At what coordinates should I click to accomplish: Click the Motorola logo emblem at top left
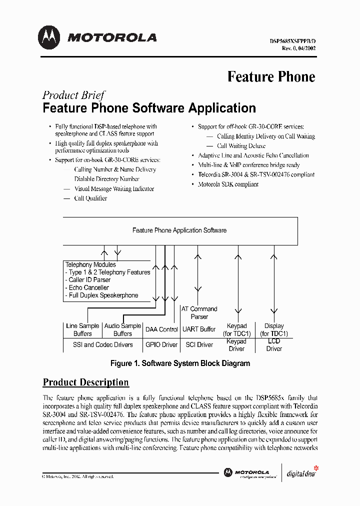click(49, 37)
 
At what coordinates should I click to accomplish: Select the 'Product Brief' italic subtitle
click(73, 95)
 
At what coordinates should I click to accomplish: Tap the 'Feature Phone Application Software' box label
click(179, 230)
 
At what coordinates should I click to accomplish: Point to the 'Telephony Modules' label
click(90, 264)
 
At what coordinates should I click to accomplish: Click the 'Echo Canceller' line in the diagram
click(88, 287)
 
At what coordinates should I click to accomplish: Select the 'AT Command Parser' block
click(199, 312)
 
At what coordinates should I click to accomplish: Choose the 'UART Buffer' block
click(199, 329)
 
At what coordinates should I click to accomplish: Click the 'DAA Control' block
click(161, 329)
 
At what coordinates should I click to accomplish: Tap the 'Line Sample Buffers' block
click(82, 329)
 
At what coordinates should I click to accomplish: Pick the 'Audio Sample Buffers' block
click(122, 329)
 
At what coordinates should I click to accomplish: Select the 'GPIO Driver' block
click(161, 344)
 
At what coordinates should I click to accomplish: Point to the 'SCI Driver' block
click(199, 344)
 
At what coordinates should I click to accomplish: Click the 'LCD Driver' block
click(274, 344)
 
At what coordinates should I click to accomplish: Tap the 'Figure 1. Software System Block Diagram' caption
click(180, 363)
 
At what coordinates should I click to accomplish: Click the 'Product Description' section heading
click(86, 382)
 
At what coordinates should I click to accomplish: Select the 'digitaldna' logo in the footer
click(301, 472)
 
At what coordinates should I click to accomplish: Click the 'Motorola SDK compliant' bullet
click(228, 184)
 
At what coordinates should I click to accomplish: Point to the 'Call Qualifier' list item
click(90, 198)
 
